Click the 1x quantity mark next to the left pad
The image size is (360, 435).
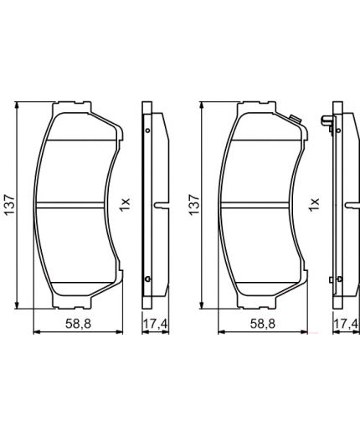(126, 203)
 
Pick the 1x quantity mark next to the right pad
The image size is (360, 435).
(314, 203)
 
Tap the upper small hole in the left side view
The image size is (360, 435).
(148, 130)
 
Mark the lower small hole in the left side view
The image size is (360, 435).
(148, 278)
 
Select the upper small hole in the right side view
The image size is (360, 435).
(337, 130)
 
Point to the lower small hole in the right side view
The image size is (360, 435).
(337, 278)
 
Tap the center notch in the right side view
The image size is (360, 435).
(347, 204)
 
